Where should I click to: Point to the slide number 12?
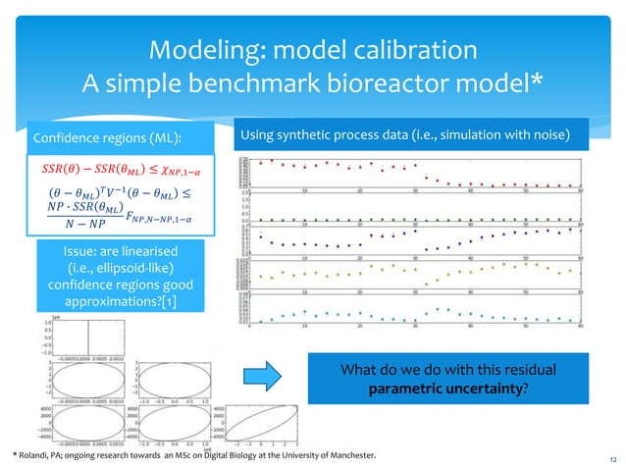pos(611,458)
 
